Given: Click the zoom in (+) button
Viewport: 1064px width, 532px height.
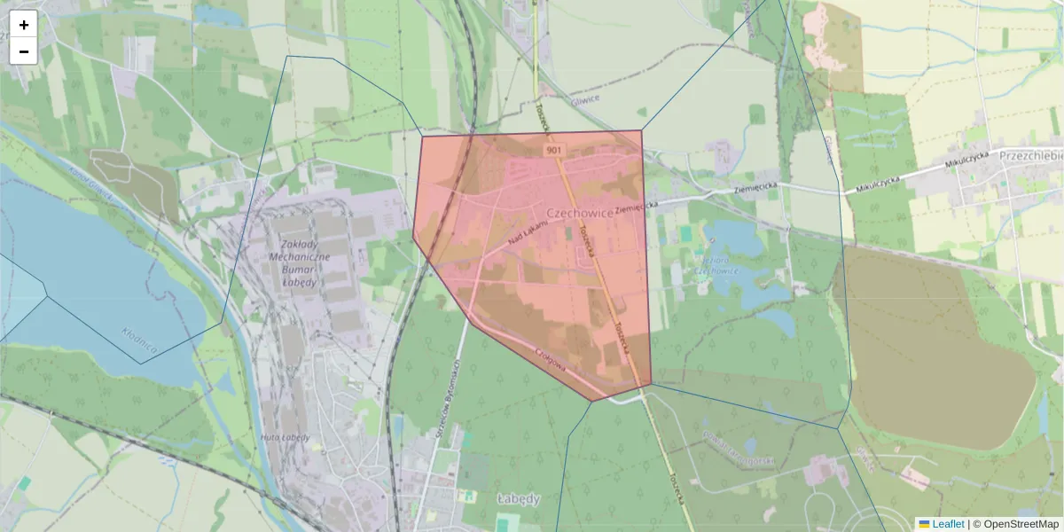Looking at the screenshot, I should [24, 25].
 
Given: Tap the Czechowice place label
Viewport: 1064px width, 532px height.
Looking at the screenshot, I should [582, 214].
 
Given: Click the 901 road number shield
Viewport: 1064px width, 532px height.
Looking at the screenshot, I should [554, 151].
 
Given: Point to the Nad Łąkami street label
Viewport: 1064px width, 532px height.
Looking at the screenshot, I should [529, 233].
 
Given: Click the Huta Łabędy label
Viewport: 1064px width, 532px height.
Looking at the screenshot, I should [285, 437].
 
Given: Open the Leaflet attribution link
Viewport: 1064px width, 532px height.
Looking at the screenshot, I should [948, 524].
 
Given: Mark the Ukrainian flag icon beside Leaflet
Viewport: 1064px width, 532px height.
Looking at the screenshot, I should [924, 524].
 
